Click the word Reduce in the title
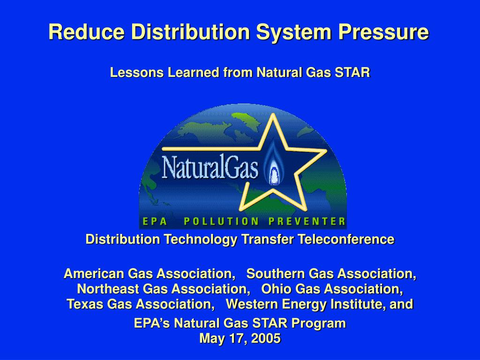coord(87,31)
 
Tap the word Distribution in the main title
coord(191,31)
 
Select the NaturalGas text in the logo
coord(210,167)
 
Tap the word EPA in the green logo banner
coord(155,221)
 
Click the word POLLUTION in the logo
coord(221,221)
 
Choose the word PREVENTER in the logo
coord(307,221)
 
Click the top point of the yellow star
coord(272,114)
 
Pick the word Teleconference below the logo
coord(346,239)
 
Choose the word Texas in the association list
coord(85,304)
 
